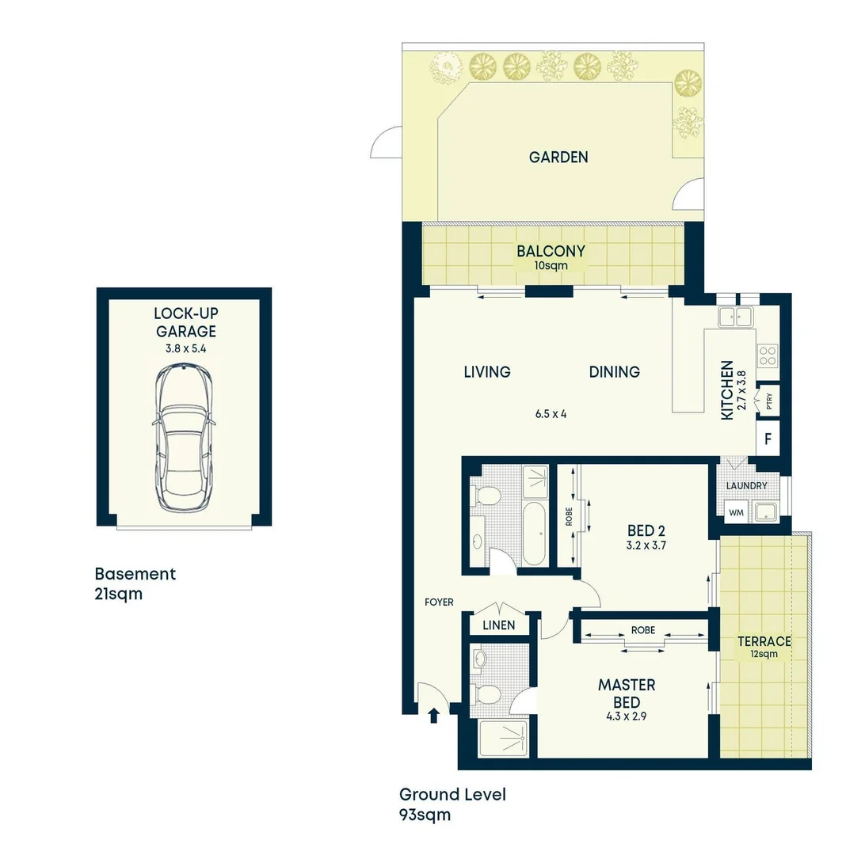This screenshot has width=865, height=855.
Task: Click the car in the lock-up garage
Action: point(184,438)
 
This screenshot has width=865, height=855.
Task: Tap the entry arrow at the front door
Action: point(433,716)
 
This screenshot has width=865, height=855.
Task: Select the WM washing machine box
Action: point(736,513)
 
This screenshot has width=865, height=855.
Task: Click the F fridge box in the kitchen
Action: point(768,438)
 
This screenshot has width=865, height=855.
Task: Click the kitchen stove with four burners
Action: point(768,355)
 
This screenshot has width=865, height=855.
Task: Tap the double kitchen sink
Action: point(735,317)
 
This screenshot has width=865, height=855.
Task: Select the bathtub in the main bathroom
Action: point(535,533)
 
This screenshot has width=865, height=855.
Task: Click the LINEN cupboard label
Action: point(499,625)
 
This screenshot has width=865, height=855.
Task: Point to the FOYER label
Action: point(439,602)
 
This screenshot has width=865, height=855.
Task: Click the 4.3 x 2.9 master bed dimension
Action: point(626,719)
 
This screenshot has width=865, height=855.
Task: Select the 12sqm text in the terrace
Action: point(764,655)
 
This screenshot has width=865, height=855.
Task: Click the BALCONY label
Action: point(551,252)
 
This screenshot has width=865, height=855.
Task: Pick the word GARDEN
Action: point(558,157)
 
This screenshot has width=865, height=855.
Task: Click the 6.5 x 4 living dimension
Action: point(551,413)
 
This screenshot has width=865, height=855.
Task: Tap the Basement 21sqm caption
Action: point(135,583)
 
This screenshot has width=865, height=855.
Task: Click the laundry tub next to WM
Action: point(766,512)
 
